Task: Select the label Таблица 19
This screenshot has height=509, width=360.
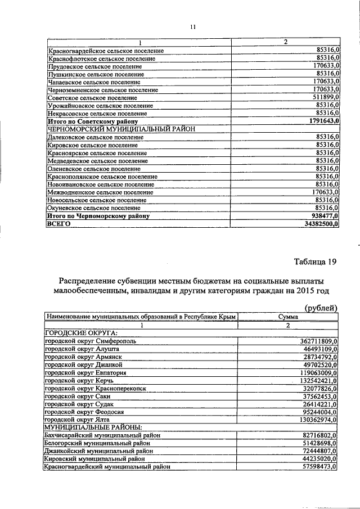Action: coord(316,262)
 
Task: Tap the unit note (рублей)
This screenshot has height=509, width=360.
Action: coord(321,307)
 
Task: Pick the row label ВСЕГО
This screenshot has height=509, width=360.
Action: coord(58,223)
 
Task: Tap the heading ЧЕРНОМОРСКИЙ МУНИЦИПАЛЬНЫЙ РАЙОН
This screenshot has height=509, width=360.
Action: coord(121,129)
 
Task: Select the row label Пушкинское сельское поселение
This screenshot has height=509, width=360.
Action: coord(95,74)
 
